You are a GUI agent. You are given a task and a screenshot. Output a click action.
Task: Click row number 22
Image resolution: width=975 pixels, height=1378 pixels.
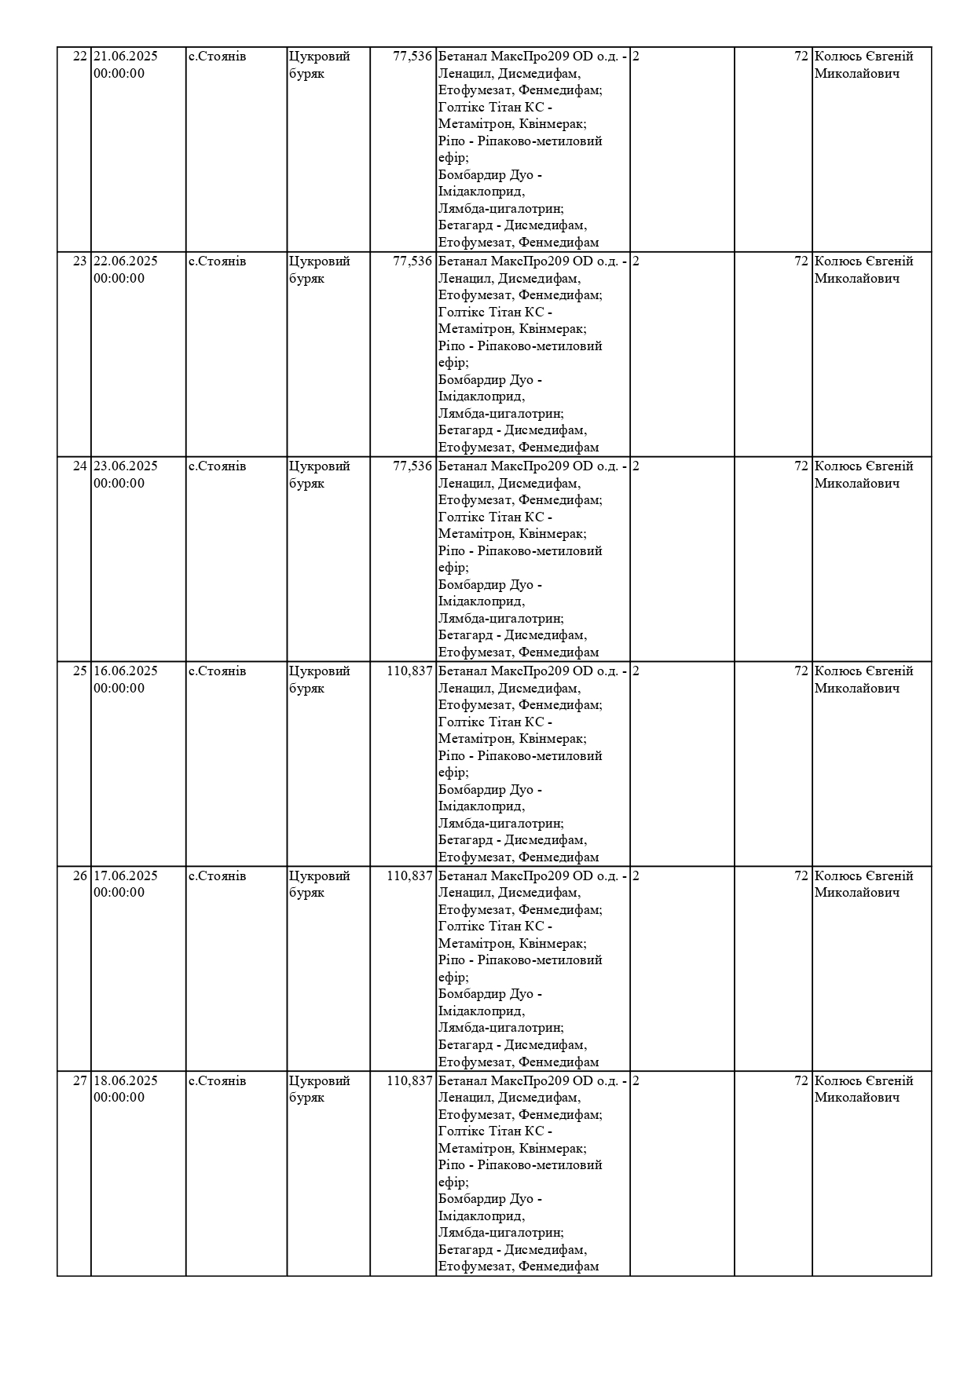[79, 57]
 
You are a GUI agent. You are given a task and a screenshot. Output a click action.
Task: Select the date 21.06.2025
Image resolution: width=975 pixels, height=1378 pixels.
[126, 57]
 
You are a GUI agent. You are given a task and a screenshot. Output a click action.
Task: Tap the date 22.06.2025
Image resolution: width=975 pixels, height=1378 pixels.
[126, 261]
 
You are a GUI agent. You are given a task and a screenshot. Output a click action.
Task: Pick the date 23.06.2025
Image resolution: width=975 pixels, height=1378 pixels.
[126, 466]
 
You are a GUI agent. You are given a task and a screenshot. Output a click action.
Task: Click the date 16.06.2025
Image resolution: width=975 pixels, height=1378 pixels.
[126, 671]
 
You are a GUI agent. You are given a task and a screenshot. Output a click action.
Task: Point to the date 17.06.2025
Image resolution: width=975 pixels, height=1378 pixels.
[126, 876]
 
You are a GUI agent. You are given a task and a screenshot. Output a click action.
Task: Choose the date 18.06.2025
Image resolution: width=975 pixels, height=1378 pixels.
[126, 1081]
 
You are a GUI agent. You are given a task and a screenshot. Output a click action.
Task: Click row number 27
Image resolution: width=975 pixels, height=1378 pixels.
[79, 1081]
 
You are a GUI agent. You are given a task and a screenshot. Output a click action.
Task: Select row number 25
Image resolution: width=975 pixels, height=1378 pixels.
[79, 671]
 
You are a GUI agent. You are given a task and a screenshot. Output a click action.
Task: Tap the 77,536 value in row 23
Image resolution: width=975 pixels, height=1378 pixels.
[412, 261]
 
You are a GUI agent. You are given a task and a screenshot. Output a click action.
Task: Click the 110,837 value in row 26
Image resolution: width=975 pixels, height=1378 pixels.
[409, 876]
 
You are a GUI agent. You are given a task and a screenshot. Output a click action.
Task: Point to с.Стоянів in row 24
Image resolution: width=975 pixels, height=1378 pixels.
[217, 466]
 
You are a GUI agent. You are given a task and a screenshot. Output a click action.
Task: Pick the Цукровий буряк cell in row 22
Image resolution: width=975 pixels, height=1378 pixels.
[319, 65]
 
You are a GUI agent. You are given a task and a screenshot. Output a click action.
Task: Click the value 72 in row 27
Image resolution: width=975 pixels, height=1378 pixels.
[801, 1081]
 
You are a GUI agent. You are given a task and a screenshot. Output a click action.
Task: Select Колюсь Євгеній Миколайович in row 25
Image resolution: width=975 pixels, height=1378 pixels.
[863, 680]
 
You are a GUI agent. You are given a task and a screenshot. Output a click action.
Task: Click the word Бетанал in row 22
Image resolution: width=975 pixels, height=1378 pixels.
[462, 57]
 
